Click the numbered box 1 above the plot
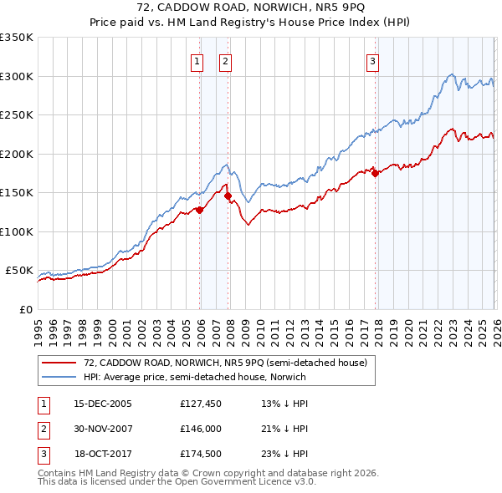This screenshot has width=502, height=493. pos(197,60)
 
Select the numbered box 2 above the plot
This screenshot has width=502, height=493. pos(226,60)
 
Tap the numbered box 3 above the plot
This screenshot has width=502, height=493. pos(371,60)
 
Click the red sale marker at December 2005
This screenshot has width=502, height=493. pos(200,211)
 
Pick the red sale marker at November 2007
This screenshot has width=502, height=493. pos(228,196)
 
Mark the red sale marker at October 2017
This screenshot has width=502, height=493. pos(375,174)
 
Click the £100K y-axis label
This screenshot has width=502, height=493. pos(17,231)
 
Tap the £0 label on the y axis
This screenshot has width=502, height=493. pos(25,309)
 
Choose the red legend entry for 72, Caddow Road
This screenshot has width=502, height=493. pos(226,363)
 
